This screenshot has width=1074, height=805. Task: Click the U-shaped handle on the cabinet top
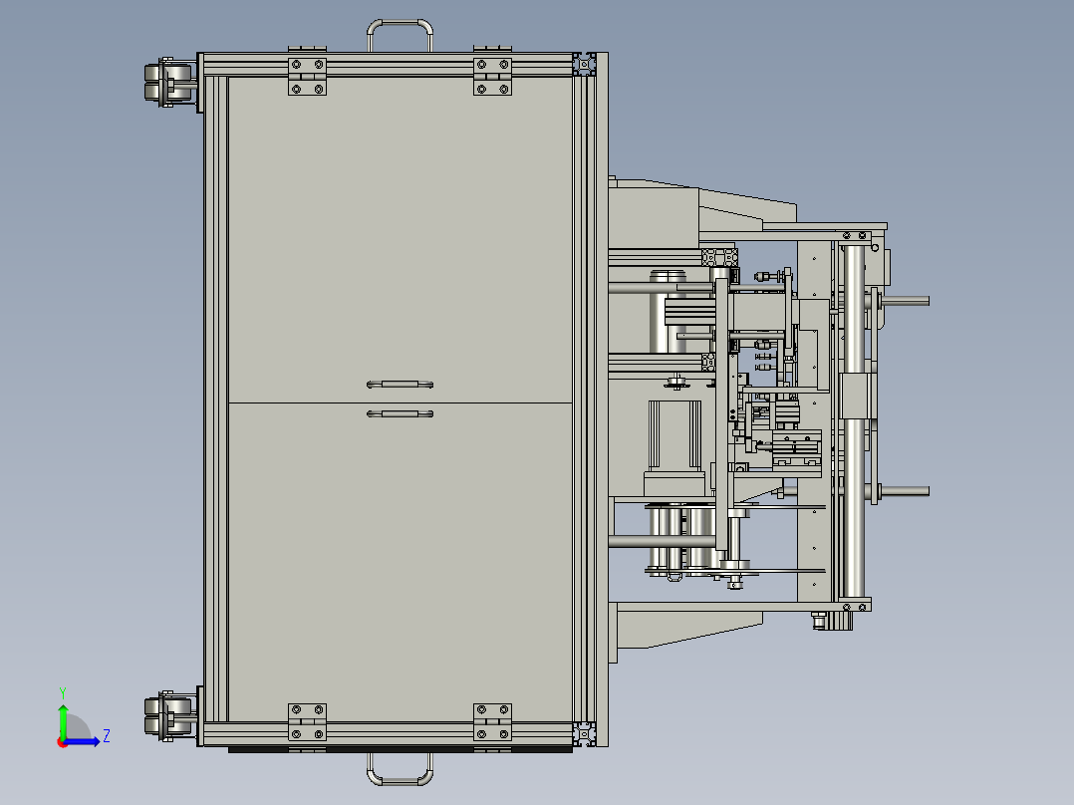tap(401, 23)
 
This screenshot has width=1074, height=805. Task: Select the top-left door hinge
tap(307, 77)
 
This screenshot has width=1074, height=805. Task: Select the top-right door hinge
tap(492, 77)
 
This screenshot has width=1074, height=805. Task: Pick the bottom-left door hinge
tap(307, 722)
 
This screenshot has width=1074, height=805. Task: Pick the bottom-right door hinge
tap(492, 722)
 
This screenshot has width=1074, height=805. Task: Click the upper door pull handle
tap(401, 385)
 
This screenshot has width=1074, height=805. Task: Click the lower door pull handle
tap(401, 413)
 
